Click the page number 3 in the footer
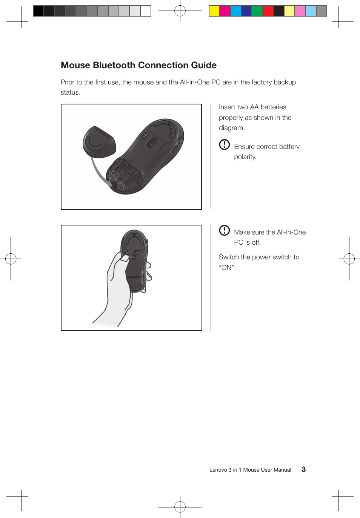[303, 469]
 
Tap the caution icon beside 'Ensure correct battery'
[224, 144]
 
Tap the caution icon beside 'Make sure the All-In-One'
[224, 230]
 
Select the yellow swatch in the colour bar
[214, 11]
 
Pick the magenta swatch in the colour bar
[225, 11]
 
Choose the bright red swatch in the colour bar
[268, 11]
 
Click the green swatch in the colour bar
[257, 11]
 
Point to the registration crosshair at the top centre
[180, 11]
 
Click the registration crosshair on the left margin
[11, 259]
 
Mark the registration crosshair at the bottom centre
[180, 507]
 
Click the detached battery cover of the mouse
[99, 143]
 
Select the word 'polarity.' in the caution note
[245, 157]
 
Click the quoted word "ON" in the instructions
[227, 268]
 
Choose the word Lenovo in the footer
[218, 470]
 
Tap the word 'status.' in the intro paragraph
[71, 92]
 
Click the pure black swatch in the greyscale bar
[38, 11]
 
